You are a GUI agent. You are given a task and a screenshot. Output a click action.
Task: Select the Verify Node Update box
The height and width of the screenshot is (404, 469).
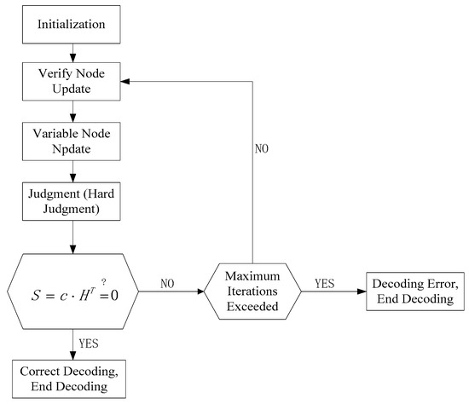[x=73, y=82]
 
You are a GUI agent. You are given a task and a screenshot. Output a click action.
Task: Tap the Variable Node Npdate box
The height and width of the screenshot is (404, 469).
[x=73, y=142]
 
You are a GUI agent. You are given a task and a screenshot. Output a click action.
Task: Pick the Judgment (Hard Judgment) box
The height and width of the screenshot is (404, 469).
[x=73, y=201]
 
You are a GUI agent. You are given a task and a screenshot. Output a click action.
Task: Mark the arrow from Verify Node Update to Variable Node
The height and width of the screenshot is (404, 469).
[x=73, y=112]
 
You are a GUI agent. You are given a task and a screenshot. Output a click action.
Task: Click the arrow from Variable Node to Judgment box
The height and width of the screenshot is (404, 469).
[x=73, y=171]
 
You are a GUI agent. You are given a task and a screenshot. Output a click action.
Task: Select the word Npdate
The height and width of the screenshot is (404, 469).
[x=73, y=150]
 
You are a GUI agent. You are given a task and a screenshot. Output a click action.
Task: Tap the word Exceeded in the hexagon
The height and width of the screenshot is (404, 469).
[x=252, y=306]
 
